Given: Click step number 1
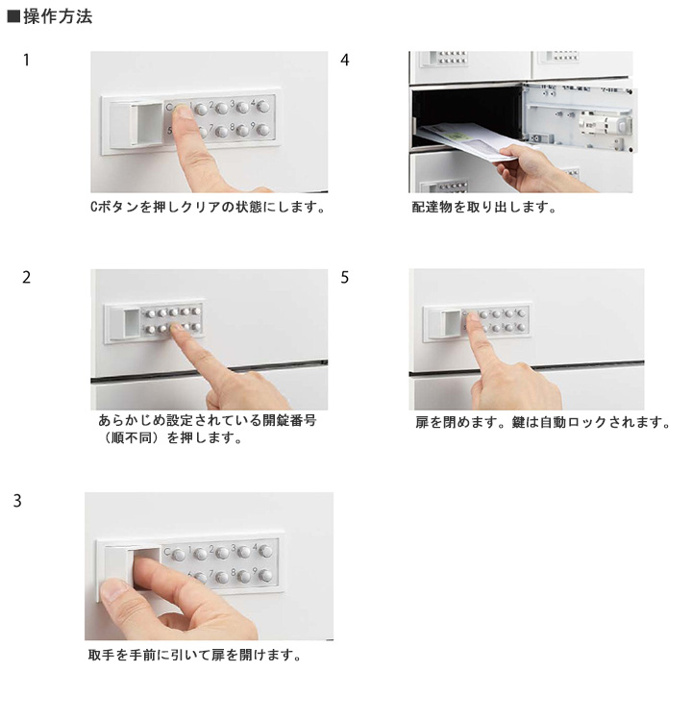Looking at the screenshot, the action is pos(26,60).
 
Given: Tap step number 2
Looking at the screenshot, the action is pos(27,277).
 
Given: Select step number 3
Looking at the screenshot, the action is pos(17,501).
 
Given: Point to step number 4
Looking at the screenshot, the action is pos(345,60).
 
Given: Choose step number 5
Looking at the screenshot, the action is pos(345,277).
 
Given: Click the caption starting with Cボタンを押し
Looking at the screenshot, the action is pos(208,208).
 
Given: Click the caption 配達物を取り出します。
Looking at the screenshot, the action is pos(483,208).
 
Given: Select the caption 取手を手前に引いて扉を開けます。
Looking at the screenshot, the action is pos(195,655).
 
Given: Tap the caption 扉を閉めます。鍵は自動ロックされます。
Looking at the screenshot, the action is pos(543,422).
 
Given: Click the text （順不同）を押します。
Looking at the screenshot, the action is pos(170,437).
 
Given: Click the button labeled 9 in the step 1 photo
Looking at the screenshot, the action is pos(263,130).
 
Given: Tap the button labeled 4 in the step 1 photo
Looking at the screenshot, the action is pos(263,107).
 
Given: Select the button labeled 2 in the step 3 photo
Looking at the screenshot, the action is pos(223,553).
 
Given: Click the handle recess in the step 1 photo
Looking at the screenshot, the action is pos(147,124).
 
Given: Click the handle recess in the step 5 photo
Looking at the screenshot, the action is pos(451,323).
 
